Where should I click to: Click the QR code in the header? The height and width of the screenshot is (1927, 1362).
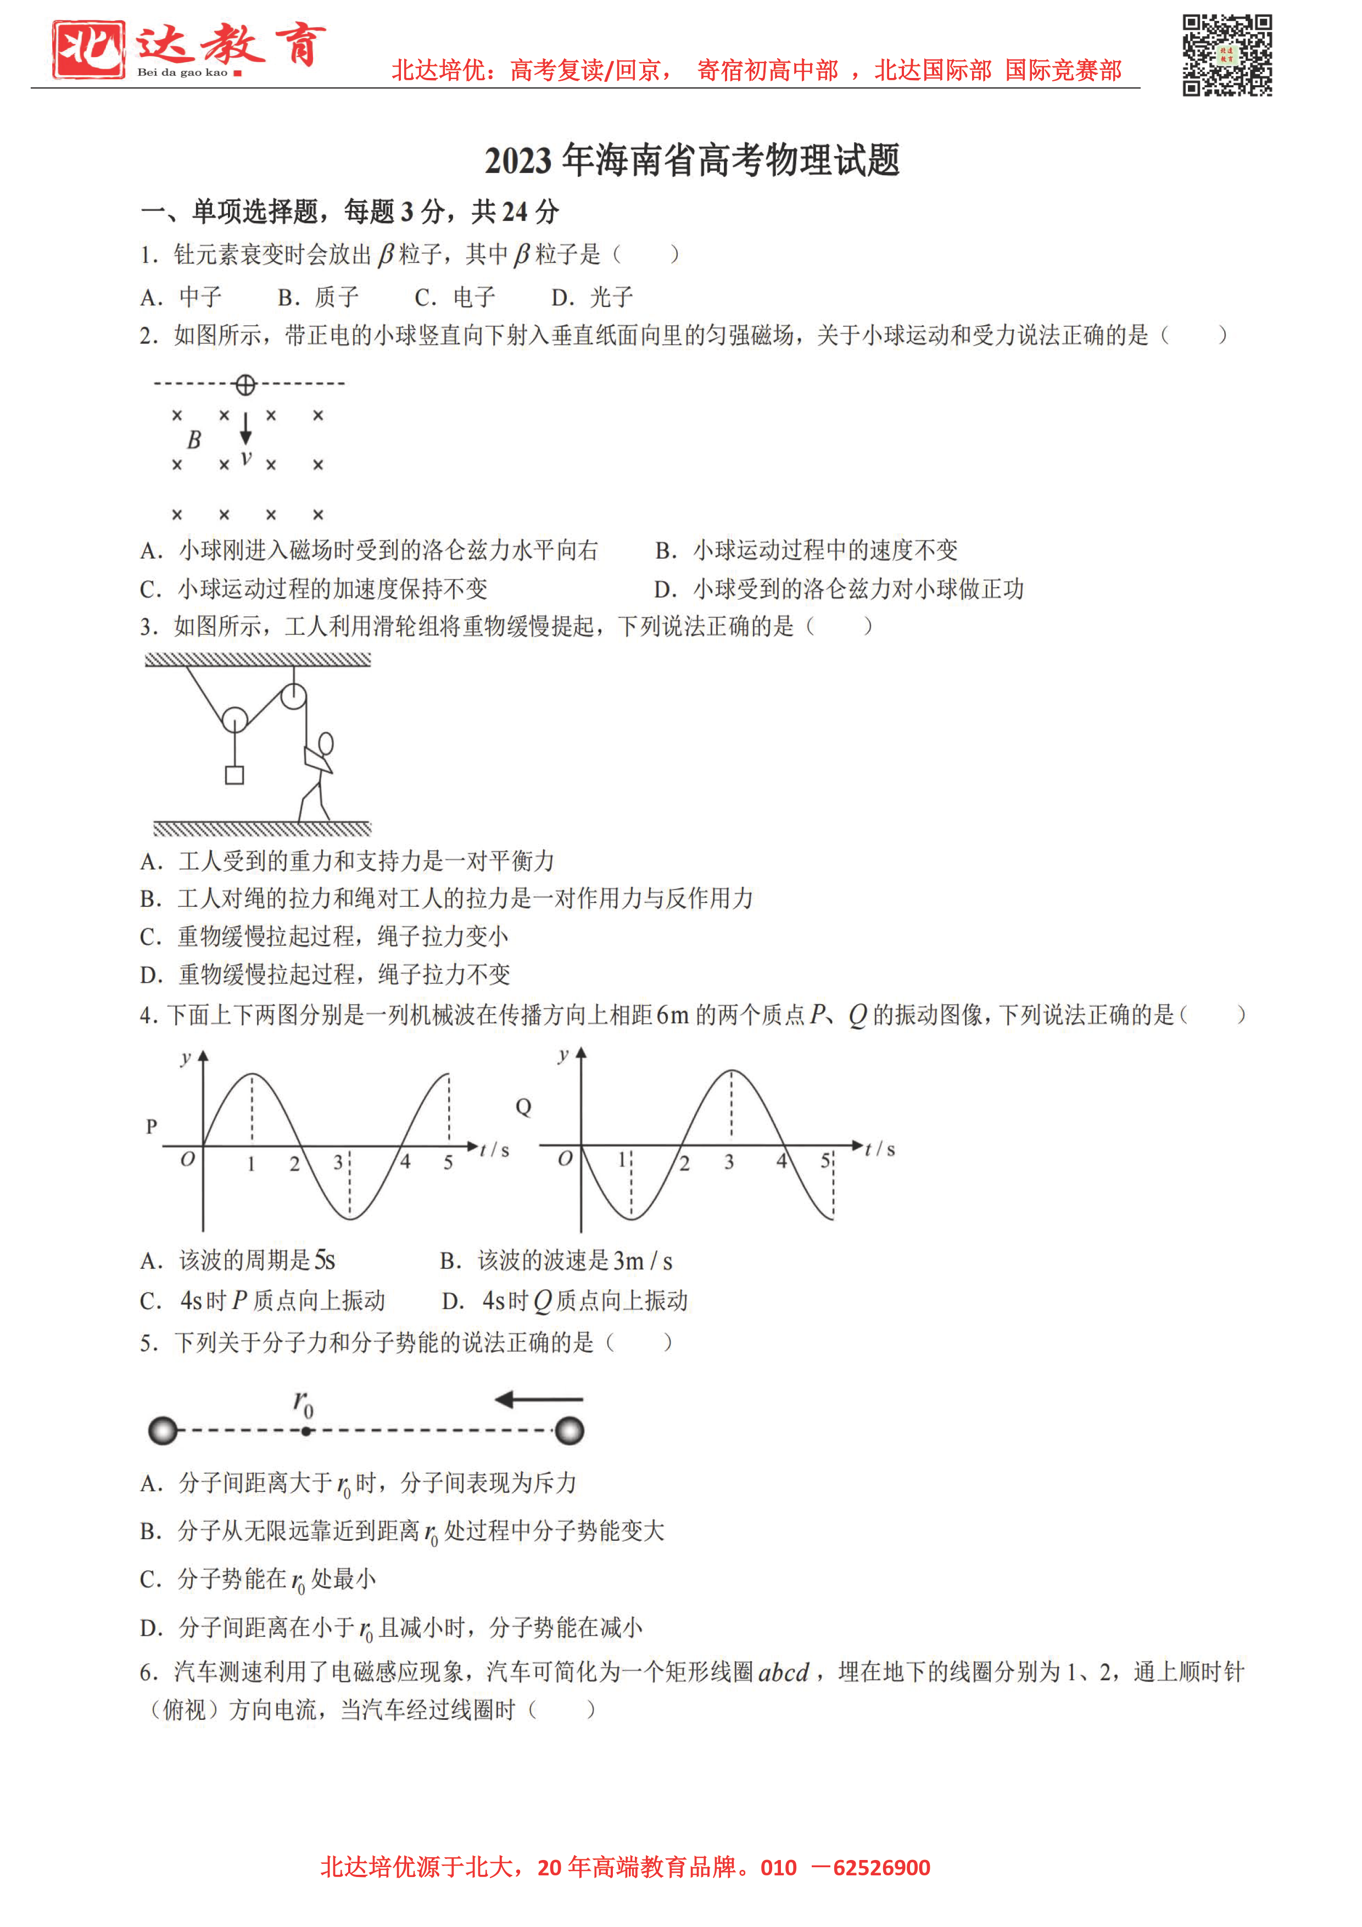point(1227,55)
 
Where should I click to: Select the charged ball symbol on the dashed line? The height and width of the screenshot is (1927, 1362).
point(245,385)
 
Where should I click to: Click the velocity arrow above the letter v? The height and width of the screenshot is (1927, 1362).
point(246,427)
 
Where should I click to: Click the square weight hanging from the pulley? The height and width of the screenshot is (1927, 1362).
point(234,775)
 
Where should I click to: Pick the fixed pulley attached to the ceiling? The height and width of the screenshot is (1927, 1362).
point(293,696)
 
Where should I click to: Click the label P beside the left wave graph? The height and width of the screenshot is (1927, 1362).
point(152,1126)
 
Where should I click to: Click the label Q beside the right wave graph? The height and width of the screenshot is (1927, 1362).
point(523,1107)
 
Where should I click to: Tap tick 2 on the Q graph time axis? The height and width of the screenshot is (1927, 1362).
point(685,1162)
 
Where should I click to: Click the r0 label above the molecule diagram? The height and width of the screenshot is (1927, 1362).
point(304,1402)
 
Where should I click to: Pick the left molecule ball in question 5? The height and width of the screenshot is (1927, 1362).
point(163,1430)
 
